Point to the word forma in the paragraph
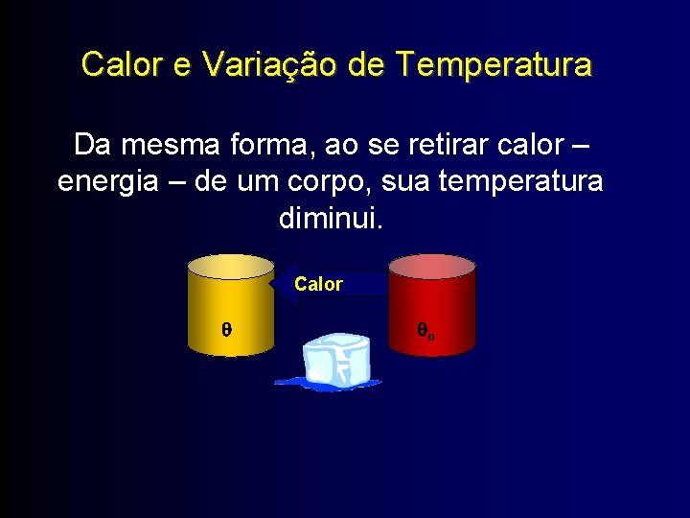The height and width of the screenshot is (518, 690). coord(269,146)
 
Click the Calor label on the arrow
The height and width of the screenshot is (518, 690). coord(318,284)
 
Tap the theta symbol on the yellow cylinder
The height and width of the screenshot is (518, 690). coord(226,329)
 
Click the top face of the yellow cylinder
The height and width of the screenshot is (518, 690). coord(230,266)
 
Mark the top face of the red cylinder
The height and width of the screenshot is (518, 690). coord(431,266)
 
